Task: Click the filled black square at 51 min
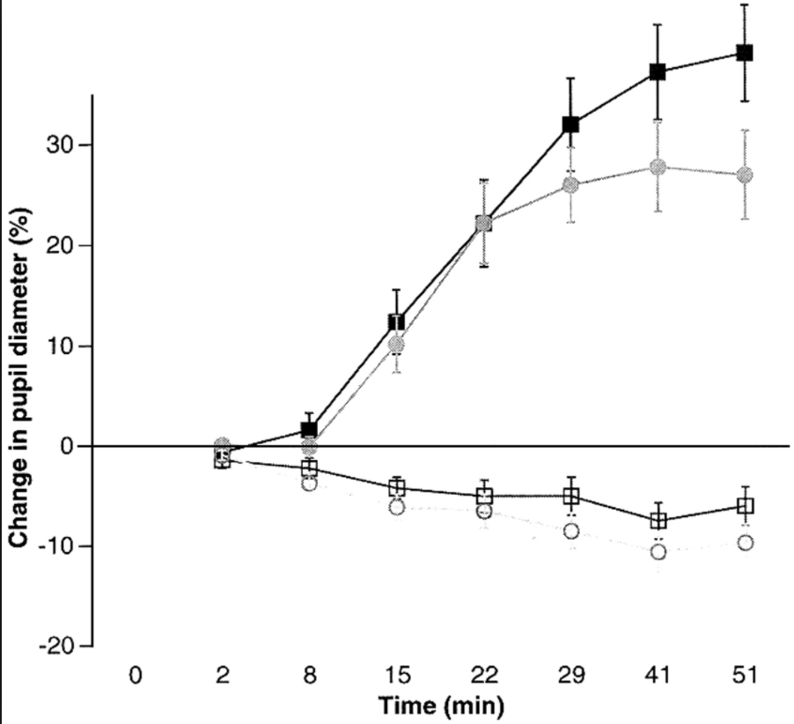745,53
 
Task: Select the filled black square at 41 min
658,72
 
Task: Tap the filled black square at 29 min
570,124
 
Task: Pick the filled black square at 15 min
396,322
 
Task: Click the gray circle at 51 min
745,174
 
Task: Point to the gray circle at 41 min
658,166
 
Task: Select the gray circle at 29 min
570,185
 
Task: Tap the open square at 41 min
658,521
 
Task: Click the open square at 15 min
396,488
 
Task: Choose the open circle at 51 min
745,543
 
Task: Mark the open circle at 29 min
570,531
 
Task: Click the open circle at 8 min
309,484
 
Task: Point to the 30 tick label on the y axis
58,144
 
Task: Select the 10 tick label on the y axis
58,345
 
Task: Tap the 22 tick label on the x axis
483,676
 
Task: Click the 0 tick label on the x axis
135,676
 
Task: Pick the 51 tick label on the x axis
745,676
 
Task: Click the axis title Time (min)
442,706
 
